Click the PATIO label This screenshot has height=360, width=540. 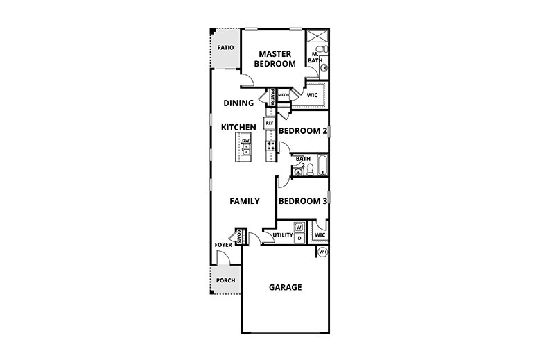[224, 48]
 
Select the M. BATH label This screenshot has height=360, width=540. [313, 58]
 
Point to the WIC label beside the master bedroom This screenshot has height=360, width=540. [312, 96]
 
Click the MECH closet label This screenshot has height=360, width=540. [284, 95]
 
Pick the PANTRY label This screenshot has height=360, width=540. [273, 97]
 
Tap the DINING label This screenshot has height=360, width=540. [238, 103]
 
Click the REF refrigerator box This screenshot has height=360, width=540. [270, 123]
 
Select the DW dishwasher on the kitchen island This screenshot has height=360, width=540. [245, 140]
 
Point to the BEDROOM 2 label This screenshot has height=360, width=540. [302, 130]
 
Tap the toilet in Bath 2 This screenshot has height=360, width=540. [309, 168]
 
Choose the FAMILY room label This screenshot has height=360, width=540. [245, 201]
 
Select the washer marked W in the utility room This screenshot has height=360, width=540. [299, 227]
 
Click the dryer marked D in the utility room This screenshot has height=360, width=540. [299, 238]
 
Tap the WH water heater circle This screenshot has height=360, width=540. [322, 252]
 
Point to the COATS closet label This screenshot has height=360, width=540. [238, 237]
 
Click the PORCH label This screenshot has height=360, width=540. [225, 280]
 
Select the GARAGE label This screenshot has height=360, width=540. [284, 287]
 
